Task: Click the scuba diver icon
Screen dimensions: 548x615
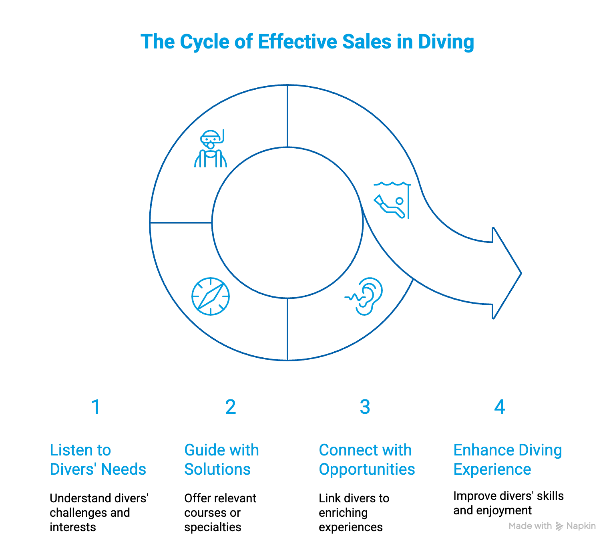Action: point(210,149)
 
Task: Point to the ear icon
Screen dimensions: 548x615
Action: point(366,296)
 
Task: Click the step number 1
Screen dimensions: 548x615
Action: point(95,407)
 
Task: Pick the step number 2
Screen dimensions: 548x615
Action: point(231,407)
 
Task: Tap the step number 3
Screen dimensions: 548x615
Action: point(365,407)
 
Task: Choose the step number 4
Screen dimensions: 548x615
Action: point(499,407)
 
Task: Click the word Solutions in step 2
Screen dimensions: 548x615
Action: point(217,469)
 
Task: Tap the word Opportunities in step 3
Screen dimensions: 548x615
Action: point(367,469)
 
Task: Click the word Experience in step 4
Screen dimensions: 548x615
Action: point(492,469)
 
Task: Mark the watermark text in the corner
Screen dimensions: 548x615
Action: point(552,526)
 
